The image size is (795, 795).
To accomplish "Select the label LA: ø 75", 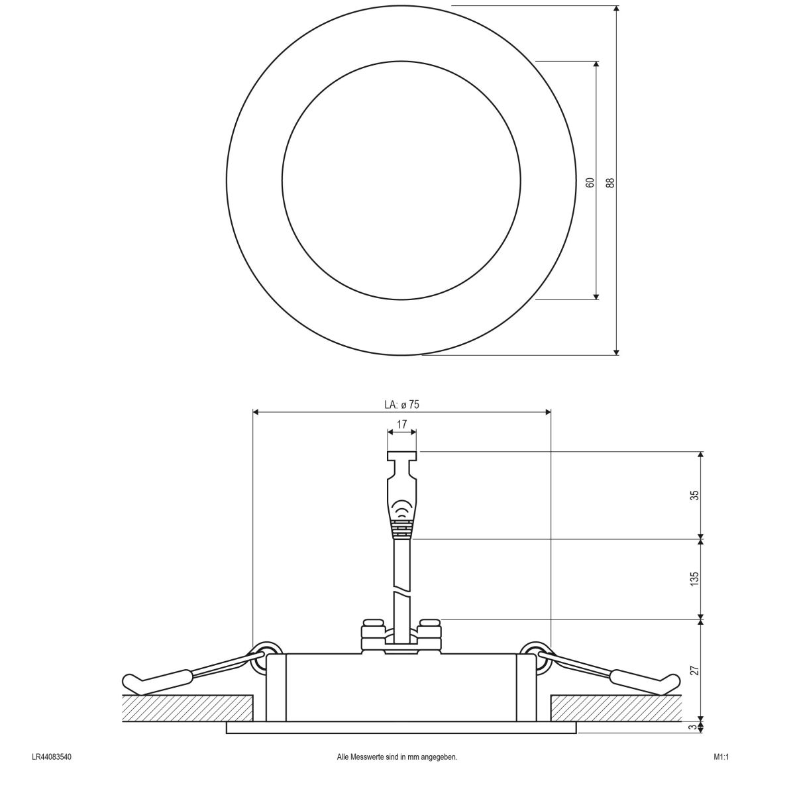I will click(x=401, y=404).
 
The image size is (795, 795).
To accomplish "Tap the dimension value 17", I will click(x=401, y=424).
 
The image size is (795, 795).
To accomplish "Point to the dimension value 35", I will click(x=694, y=495).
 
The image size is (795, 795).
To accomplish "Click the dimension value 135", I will click(x=694, y=578).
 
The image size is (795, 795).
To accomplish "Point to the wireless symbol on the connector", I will click(x=401, y=509).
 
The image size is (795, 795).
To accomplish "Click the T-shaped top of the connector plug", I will click(x=401, y=456).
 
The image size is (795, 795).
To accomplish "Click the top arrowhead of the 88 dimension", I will click(x=616, y=10).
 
